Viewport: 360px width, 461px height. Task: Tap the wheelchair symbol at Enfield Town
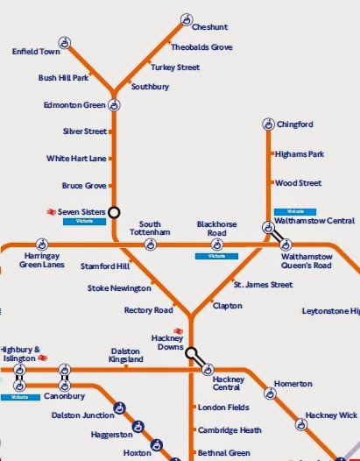(x=64, y=41)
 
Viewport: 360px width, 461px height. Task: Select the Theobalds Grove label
(x=201, y=47)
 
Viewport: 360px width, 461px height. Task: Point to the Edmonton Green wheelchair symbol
(x=114, y=105)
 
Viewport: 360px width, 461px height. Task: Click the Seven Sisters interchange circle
(x=114, y=212)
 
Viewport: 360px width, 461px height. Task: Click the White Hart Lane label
(x=76, y=159)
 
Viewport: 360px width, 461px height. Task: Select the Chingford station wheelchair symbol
(x=269, y=124)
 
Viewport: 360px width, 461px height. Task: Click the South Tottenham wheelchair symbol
(x=151, y=244)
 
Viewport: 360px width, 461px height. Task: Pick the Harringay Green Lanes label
(x=41, y=260)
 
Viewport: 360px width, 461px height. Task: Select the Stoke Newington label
(x=118, y=287)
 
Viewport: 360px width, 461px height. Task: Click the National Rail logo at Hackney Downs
(x=178, y=330)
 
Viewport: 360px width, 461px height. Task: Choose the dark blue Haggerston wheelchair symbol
(x=138, y=427)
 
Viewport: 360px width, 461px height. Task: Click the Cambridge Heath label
(x=229, y=430)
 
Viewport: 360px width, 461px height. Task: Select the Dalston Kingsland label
(x=126, y=355)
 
